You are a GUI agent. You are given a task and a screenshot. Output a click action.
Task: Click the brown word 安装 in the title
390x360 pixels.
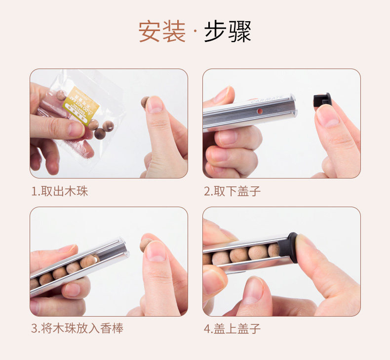click(x=161, y=32)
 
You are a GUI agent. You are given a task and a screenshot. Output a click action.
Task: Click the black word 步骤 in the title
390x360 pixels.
click(x=228, y=32)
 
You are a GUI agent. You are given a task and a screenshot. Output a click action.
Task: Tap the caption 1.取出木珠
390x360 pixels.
click(x=60, y=191)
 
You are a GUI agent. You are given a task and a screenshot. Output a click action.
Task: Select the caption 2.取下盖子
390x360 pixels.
click(x=233, y=191)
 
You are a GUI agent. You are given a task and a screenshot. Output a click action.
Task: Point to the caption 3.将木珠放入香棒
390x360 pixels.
click(x=78, y=328)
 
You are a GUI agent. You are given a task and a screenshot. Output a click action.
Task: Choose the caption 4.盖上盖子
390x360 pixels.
click(x=233, y=328)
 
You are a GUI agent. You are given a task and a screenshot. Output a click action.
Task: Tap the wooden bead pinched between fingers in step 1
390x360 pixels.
click(x=145, y=102)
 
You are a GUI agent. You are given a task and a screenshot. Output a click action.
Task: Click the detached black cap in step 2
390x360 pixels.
click(x=322, y=100)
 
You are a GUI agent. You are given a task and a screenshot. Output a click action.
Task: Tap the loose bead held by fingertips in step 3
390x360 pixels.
click(x=145, y=244)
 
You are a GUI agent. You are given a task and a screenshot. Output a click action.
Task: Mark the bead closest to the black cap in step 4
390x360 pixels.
click(x=274, y=250)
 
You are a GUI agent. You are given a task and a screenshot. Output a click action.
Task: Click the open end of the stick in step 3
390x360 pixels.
click(x=122, y=250)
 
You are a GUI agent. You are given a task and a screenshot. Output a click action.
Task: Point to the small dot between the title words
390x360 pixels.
click(x=195, y=33)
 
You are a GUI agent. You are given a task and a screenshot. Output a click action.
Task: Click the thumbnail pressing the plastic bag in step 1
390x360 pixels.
click(x=76, y=130)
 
